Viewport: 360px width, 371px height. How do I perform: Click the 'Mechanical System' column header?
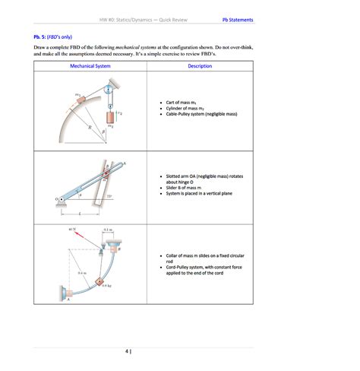point(90,66)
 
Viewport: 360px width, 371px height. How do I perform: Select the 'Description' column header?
point(200,66)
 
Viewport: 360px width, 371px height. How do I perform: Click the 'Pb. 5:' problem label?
point(43,36)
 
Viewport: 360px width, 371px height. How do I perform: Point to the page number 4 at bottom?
point(127,351)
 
